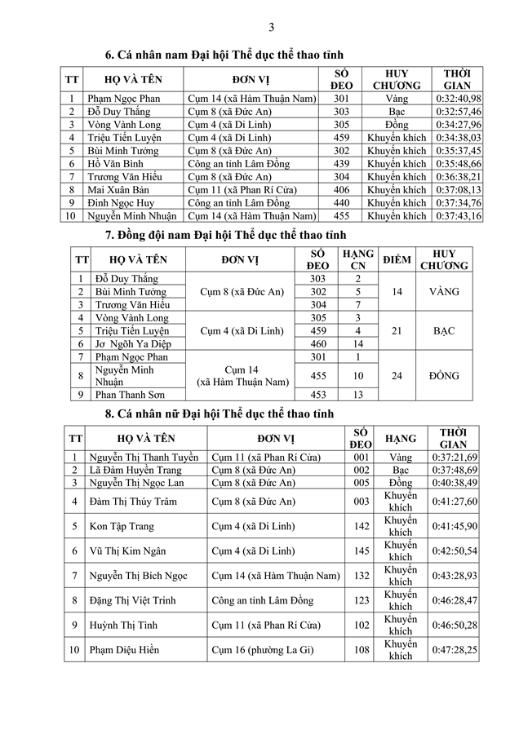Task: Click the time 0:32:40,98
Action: pos(457,99)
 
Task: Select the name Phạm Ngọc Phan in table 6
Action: pos(123,99)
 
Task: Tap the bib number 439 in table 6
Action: pos(341,164)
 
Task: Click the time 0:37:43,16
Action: pos(457,216)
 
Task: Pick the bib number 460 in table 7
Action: pos(318,343)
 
